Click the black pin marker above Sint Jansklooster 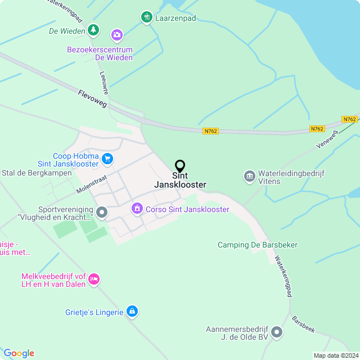click(x=180, y=166)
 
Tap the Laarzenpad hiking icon click(x=146, y=17)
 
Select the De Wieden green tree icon click(x=93, y=30)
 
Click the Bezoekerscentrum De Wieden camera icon click(x=116, y=36)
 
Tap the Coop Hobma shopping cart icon click(x=107, y=160)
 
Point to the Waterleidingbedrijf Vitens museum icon click(x=249, y=177)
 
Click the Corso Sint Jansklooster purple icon click(x=137, y=209)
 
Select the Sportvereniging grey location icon click(x=102, y=213)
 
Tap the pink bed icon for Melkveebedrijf click(x=94, y=279)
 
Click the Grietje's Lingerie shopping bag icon click(x=132, y=310)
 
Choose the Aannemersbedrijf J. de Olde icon click(x=276, y=332)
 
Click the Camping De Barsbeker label click(x=258, y=245)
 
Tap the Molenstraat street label click(x=91, y=183)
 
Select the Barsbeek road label click(x=303, y=325)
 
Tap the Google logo click(x=19, y=353)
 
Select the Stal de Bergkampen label click(x=37, y=173)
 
